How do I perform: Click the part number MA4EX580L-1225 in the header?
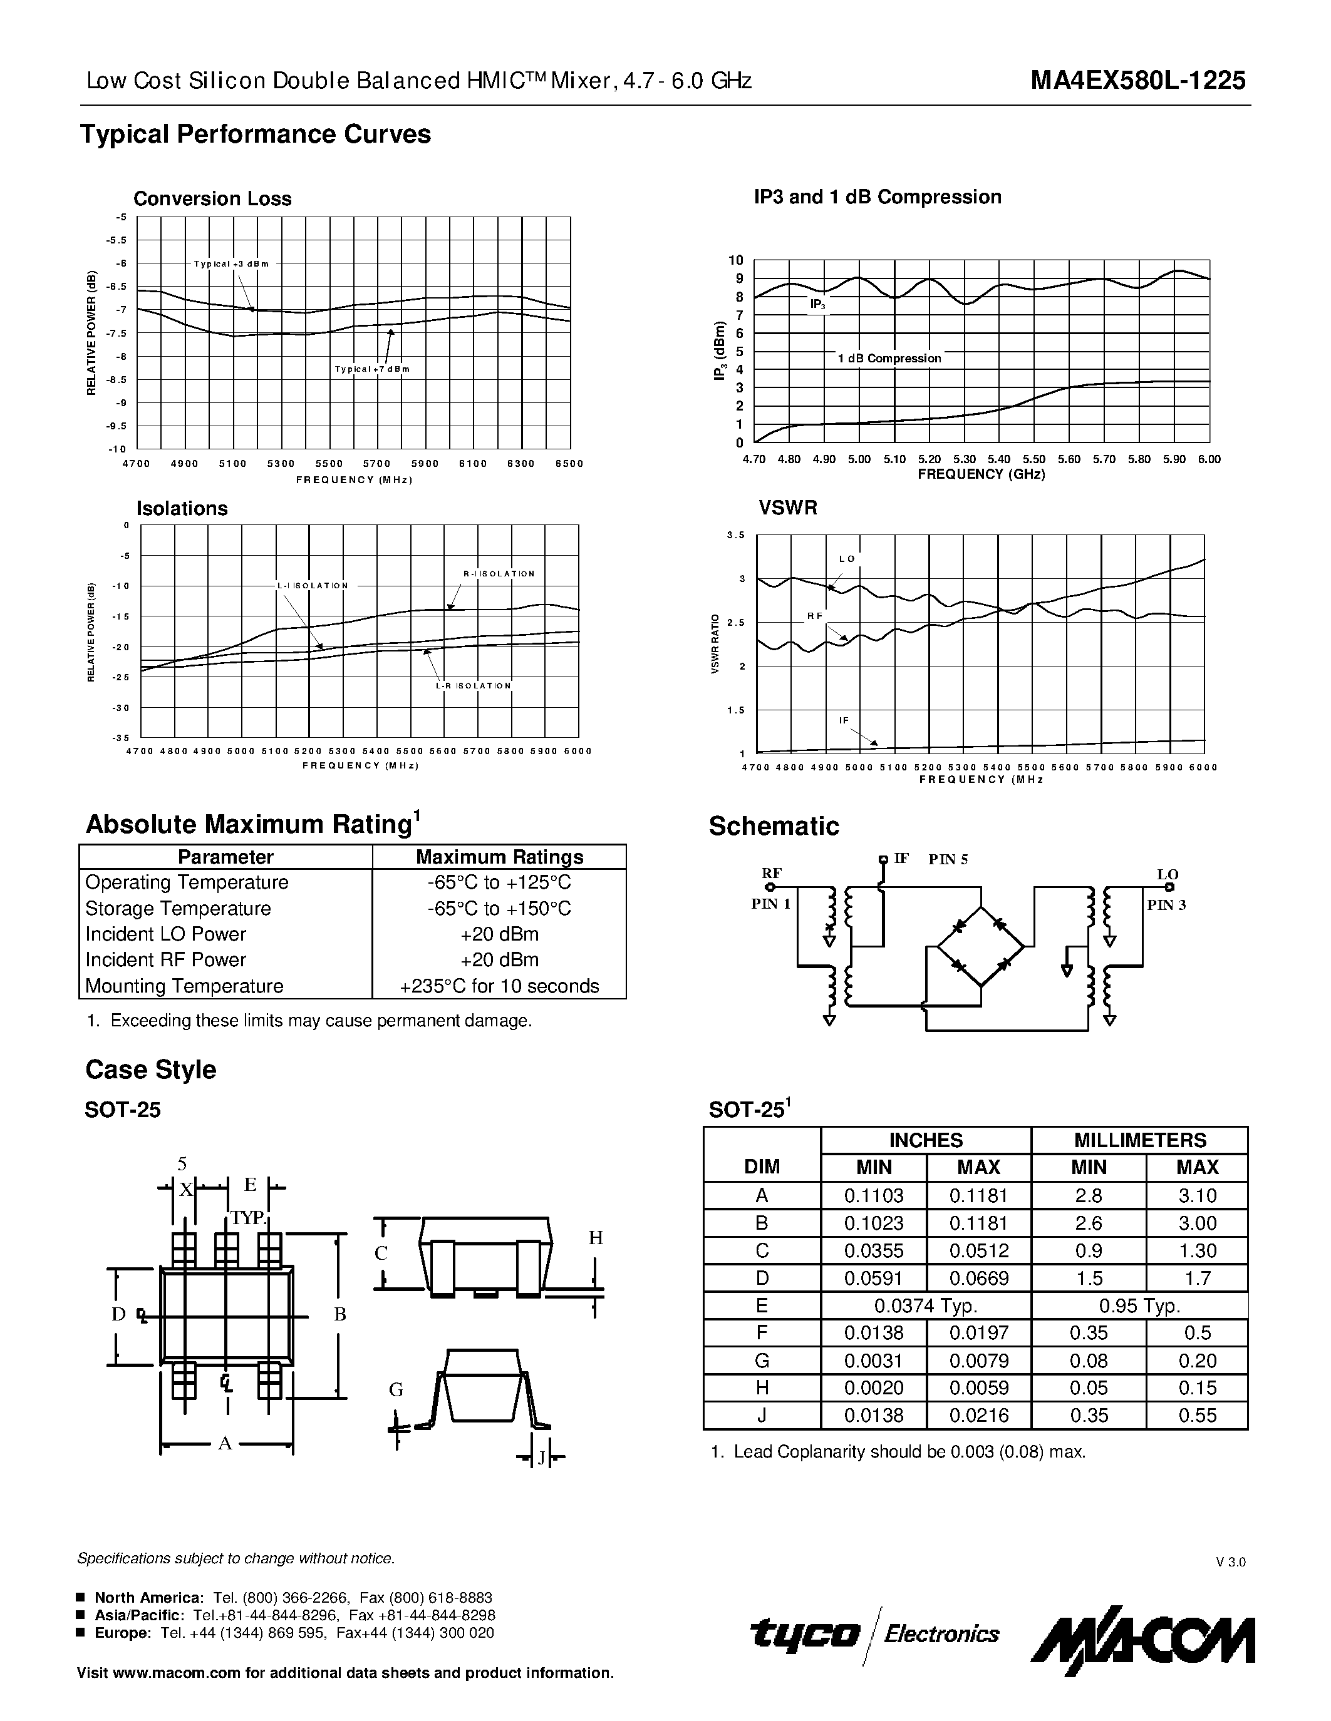1138,80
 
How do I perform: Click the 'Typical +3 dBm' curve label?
231,264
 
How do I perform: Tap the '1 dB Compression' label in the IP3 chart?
889,359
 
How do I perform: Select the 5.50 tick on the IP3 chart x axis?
1033,459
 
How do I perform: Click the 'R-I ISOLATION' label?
499,574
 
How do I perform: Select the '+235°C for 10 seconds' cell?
499,986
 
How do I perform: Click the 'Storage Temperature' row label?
179,909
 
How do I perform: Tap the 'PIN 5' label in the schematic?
948,860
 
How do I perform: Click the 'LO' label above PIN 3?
1167,875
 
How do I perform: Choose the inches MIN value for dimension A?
874,1196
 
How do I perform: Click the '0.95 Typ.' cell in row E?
1139,1307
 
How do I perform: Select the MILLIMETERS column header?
1139,1140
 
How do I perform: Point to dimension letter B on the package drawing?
340,1314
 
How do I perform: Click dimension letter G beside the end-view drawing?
396,1390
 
